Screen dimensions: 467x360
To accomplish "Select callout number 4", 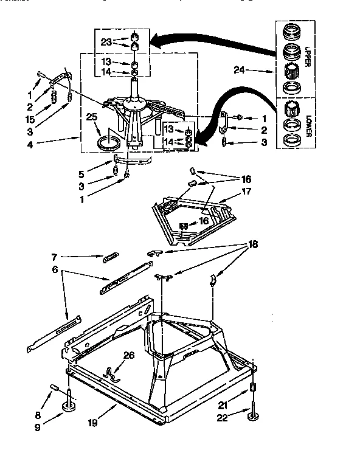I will [x=30, y=144].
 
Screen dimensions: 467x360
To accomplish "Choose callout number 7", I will [x=54, y=257].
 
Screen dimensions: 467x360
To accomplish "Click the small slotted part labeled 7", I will [x=111, y=258].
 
